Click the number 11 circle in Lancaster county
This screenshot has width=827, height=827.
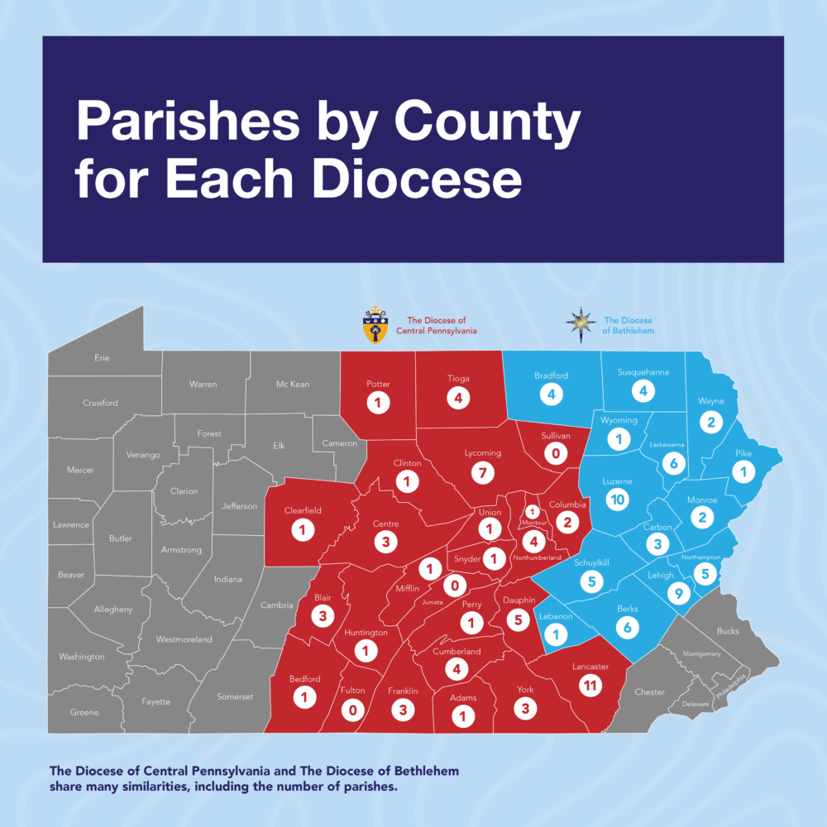click(x=589, y=685)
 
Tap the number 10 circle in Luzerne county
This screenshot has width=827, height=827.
click(x=616, y=499)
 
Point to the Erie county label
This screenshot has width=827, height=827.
click(x=102, y=358)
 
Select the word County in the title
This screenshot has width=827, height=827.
click(x=487, y=123)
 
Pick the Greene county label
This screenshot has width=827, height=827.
click(x=84, y=712)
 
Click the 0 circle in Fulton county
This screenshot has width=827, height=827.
click(x=353, y=709)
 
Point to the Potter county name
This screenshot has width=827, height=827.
click(x=378, y=384)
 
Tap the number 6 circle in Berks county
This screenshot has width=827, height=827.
click(x=628, y=628)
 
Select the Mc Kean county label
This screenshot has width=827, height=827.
click(x=293, y=385)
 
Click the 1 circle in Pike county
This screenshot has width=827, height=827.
click(x=743, y=472)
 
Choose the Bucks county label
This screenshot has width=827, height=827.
click(x=729, y=631)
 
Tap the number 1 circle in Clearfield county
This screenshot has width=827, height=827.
click(x=303, y=530)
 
